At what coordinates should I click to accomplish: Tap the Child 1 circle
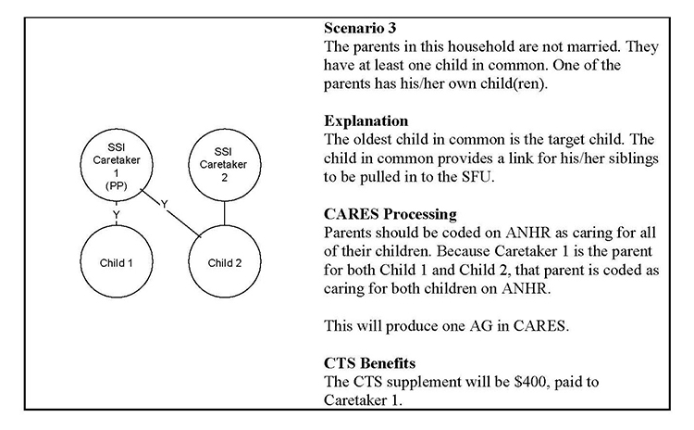click(117, 262)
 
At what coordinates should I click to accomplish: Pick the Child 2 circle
click(225, 262)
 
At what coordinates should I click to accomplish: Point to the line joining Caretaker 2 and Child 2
click(225, 212)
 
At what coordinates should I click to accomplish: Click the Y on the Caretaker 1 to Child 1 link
click(117, 214)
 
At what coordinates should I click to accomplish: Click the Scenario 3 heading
click(364, 26)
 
